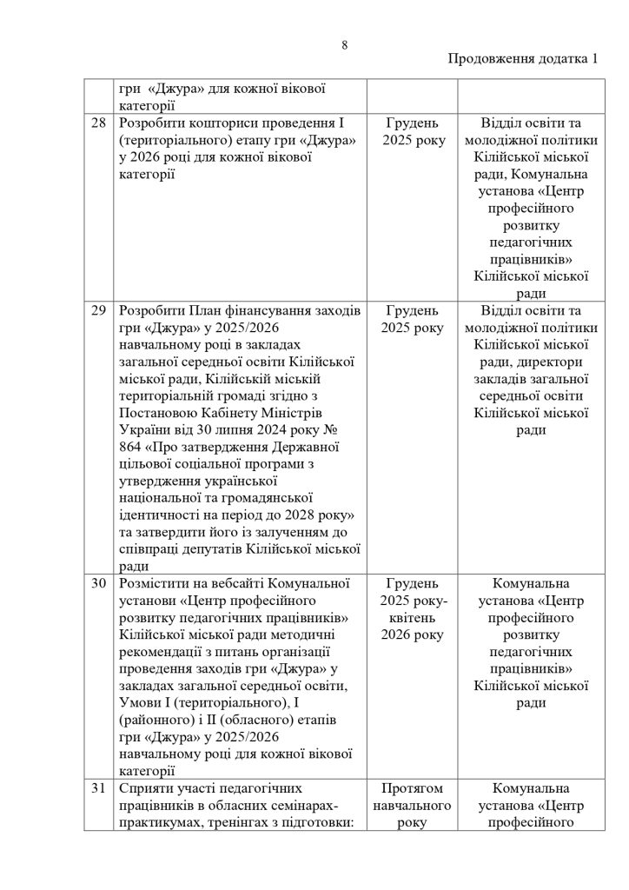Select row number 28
coord(98,123)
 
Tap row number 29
coord(98,311)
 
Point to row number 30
coord(98,582)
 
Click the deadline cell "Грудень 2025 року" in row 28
coord(413,132)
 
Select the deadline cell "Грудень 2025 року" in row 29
coord(413,320)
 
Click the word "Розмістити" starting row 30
coord(157,582)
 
